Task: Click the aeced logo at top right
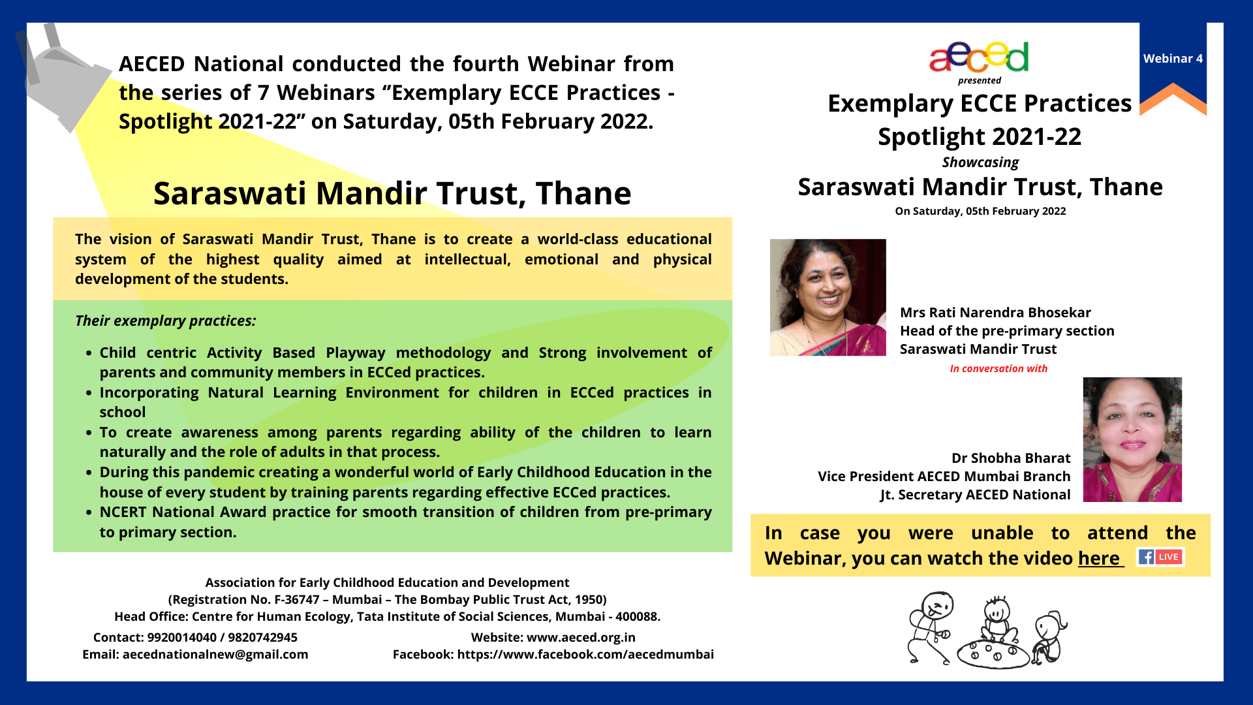(x=979, y=57)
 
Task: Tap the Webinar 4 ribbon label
(x=1173, y=59)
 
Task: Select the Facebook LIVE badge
(x=1160, y=557)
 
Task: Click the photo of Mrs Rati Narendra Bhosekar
(x=828, y=297)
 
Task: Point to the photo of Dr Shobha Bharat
(x=1132, y=439)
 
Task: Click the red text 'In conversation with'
(x=998, y=369)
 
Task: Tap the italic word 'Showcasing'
(x=980, y=163)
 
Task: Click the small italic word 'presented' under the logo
(x=979, y=80)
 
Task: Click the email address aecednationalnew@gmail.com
(x=215, y=654)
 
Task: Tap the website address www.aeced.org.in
(x=581, y=637)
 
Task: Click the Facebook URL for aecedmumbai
(x=585, y=654)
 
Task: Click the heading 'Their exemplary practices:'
(x=166, y=321)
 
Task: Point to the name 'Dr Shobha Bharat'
(x=1011, y=458)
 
